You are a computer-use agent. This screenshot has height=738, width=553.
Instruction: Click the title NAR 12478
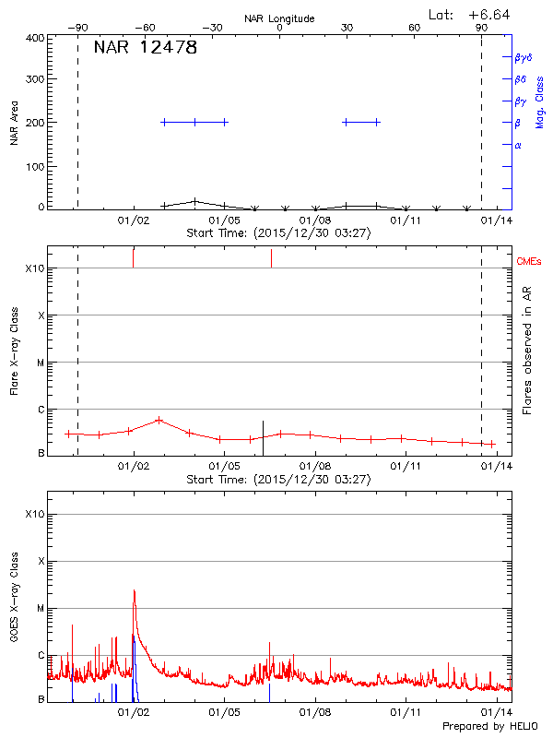click(x=145, y=49)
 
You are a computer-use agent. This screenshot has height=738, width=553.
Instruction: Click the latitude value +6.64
click(x=489, y=14)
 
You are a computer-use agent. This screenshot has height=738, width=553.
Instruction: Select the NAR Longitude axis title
click(x=279, y=18)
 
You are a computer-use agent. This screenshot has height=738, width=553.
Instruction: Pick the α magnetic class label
click(x=518, y=145)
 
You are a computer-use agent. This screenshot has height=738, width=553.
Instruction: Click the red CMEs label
click(x=530, y=263)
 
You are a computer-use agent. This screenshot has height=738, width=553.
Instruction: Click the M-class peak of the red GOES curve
click(x=135, y=590)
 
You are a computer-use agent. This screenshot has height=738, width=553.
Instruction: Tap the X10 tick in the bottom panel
click(x=34, y=514)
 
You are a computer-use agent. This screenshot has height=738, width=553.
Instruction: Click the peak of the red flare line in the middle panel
click(x=159, y=420)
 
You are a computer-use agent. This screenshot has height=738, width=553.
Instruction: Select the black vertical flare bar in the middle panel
click(x=263, y=437)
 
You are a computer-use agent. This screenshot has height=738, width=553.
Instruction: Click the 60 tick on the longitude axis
click(x=414, y=28)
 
